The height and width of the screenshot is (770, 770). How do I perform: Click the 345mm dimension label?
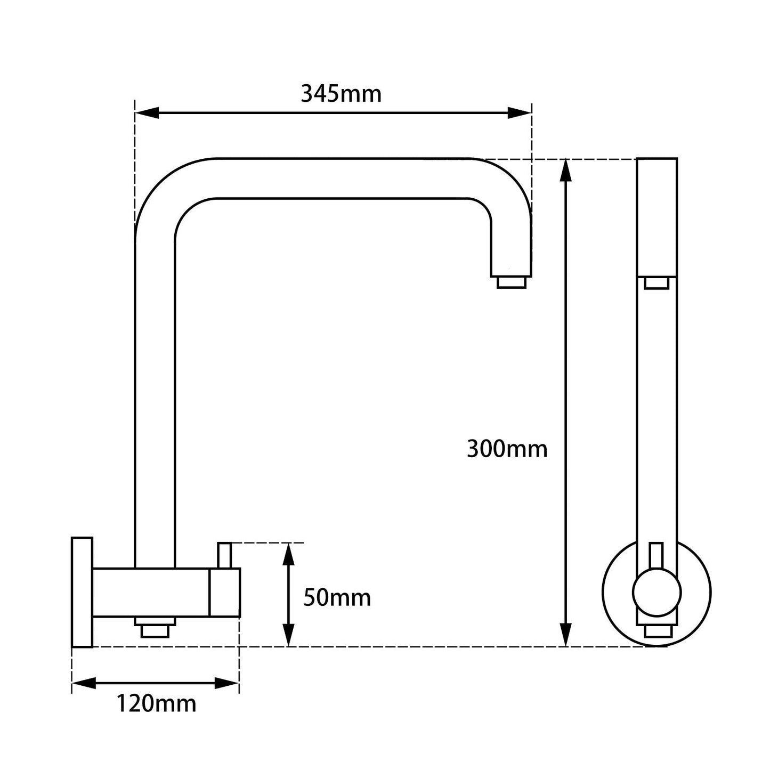click(x=341, y=94)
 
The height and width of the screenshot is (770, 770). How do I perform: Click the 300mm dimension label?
click(x=507, y=449)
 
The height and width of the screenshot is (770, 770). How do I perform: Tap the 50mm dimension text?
click(x=337, y=598)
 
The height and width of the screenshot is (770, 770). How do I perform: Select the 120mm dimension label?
click(x=156, y=704)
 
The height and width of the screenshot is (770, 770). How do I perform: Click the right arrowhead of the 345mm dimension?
click(x=520, y=113)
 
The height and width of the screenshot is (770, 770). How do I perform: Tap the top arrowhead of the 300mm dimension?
click(x=566, y=171)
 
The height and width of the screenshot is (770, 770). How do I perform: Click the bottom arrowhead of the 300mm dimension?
click(x=566, y=635)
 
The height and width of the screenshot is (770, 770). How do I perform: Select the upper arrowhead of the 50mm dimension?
click(x=288, y=554)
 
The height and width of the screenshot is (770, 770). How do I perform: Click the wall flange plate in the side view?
click(x=82, y=592)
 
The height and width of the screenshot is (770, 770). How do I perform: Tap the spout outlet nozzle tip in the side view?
click(x=511, y=282)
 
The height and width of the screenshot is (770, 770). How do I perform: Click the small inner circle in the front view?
click(x=656, y=592)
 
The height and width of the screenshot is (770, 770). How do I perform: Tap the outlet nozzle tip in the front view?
click(x=656, y=283)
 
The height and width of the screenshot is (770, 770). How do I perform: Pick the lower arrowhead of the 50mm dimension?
click(x=288, y=635)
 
